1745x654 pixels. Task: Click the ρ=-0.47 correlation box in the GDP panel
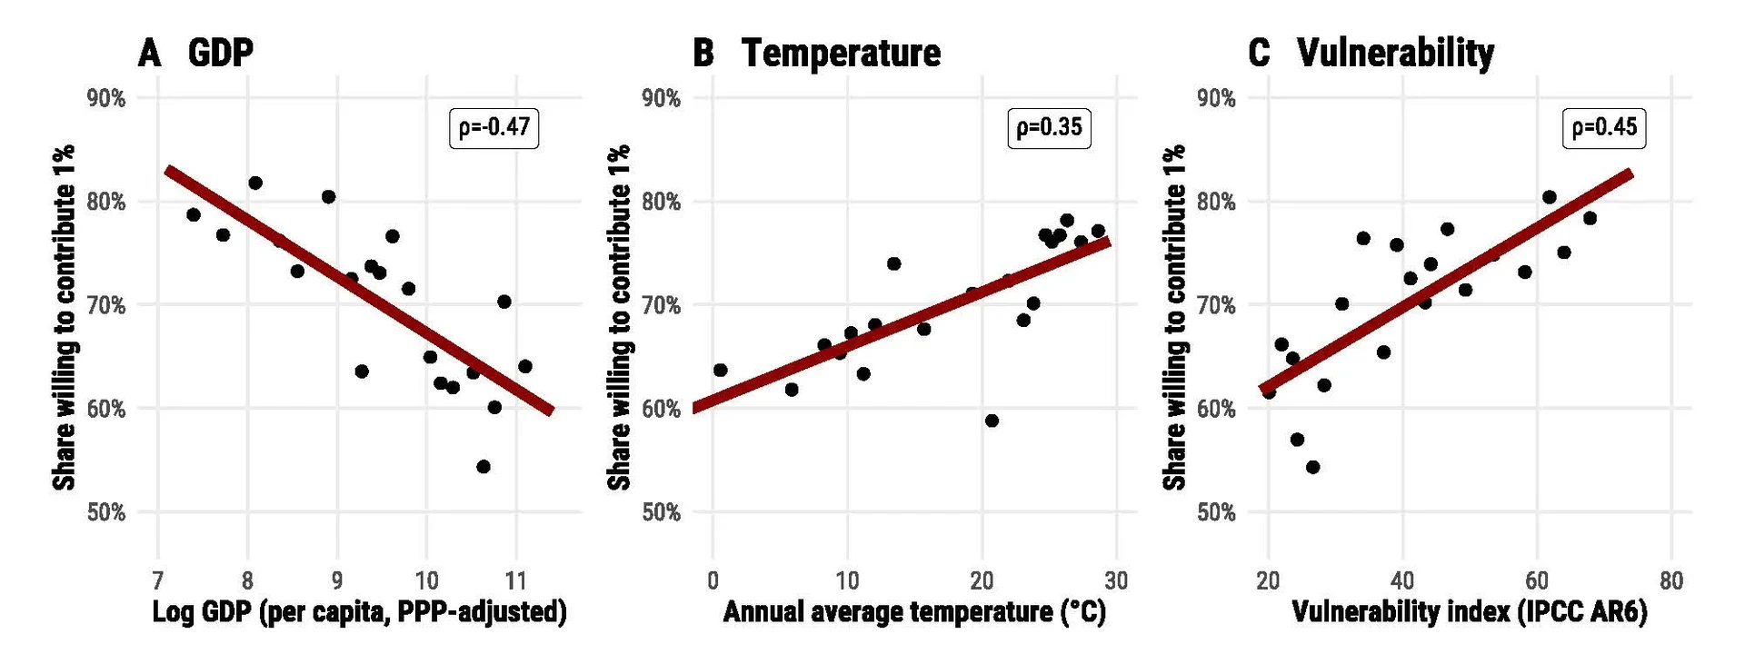coord(494,127)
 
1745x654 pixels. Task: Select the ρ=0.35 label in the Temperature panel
coord(1049,127)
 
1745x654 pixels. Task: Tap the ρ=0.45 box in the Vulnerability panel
coord(1604,127)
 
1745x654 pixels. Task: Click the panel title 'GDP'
coord(220,53)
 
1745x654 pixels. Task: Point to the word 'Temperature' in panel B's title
coord(841,53)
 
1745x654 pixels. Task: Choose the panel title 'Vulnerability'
coord(1395,53)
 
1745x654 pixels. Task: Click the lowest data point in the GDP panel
coord(484,467)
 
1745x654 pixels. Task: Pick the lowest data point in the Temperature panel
coord(992,421)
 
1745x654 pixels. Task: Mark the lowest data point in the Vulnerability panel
coord(1312,467)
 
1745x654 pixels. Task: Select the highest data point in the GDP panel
coord(255,183)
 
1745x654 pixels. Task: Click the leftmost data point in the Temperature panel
coord(720,370)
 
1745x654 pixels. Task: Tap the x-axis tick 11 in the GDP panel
coord(515,580)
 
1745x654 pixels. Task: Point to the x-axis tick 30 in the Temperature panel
coord(1116,580)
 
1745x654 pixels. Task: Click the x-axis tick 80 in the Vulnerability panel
coord(1670,580)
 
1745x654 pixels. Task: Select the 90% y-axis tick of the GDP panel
coord(106,98)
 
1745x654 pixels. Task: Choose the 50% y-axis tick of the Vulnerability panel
coord(1216,512)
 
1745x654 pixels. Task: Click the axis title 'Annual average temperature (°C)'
coord(914,612)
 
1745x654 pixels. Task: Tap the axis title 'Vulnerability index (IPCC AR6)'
coord(1470,612)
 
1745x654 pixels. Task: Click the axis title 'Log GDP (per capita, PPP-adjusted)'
coord(359,612)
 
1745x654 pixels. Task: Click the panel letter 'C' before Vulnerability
coord(1259,53)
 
